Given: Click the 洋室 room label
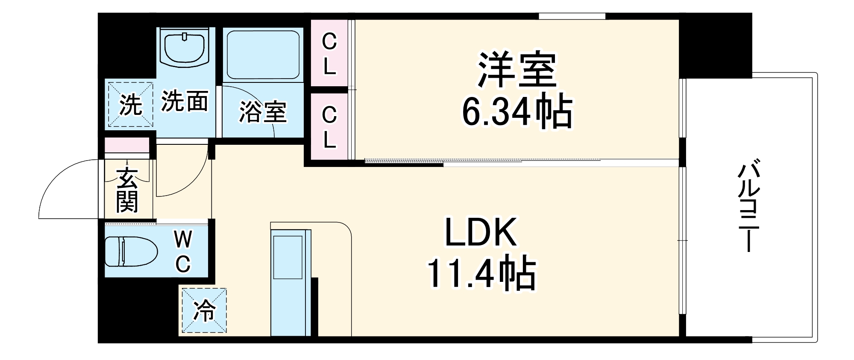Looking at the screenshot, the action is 517,70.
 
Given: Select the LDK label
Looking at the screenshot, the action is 481,233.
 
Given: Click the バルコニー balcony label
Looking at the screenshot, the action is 748,205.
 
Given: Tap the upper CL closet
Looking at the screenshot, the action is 329,54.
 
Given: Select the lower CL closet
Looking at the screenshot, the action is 329,127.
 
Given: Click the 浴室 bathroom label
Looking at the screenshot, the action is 262,112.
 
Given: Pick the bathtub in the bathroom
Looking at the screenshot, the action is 262,54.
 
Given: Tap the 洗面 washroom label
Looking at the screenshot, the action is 185,102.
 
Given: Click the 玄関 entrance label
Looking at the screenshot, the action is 127,190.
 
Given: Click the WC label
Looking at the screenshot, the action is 183,252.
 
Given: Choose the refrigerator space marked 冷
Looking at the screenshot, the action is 204,310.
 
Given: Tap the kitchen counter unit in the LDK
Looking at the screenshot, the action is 291,282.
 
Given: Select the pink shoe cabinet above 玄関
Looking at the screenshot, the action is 127,145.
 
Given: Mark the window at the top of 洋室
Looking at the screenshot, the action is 572,16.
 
